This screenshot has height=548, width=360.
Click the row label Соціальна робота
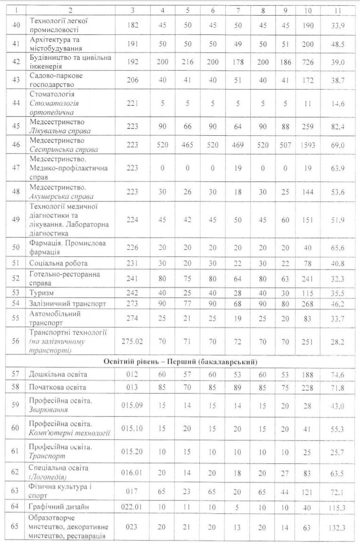click(58, 263)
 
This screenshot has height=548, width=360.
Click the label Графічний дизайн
click(59, 507)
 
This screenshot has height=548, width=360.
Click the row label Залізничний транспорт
click(67, 304)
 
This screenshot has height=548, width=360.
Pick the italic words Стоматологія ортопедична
click(54, 108)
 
